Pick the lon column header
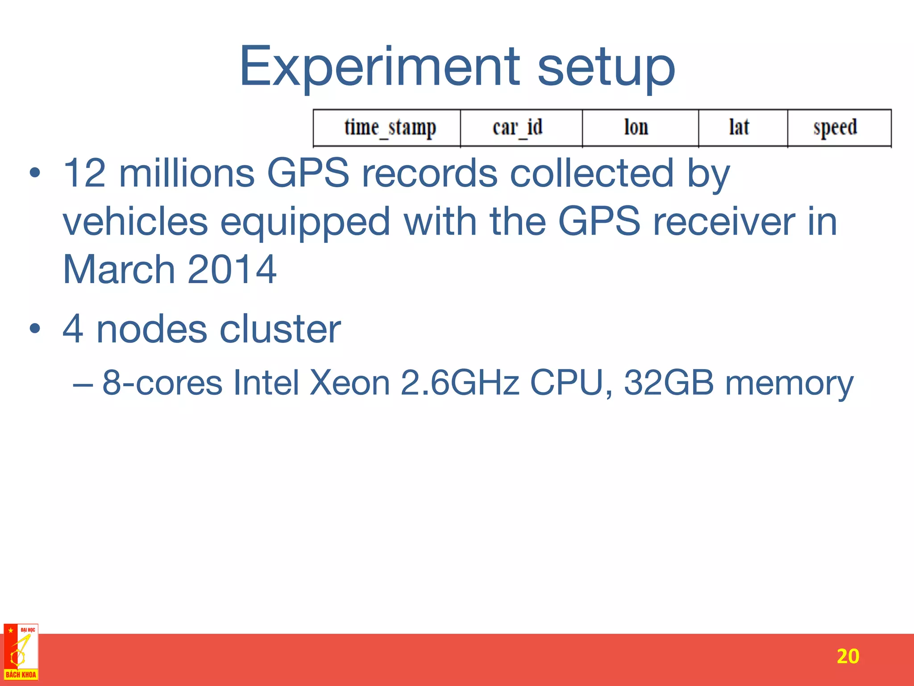coord(636,128)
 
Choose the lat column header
coord(739,128)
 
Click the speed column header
coord(835,128)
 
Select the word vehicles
coord(135,222)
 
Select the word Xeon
coord(350,383)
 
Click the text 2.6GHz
coord(460,383)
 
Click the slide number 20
coord(848,656)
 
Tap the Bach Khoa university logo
coord(21,652)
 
